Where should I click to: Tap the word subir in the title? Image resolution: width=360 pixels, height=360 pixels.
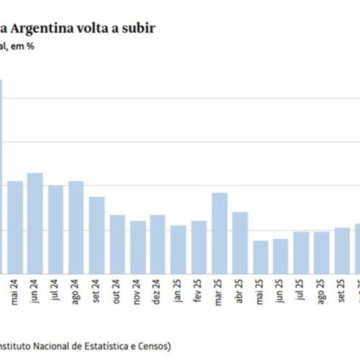tap(135, 28)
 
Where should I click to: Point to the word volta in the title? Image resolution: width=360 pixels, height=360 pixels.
tap(97, 28)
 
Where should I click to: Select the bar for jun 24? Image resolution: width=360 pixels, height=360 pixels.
tap(35, 223)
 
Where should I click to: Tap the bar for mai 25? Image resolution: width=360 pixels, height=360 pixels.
tap(261, 257)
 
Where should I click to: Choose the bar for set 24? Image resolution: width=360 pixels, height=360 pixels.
tap(96, 235)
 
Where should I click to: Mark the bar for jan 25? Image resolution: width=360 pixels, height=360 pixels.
tap(179, 249)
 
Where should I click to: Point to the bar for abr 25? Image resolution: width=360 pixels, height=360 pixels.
tap(240, 243)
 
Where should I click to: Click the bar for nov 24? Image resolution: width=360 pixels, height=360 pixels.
tap(138, 247)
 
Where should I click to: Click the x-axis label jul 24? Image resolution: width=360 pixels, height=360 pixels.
tap(55, 295)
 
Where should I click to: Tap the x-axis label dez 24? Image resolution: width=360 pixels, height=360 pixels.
tap(158, 295)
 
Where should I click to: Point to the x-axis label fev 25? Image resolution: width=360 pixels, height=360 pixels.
tap(199, 295)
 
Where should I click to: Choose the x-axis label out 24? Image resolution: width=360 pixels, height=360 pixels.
tap(117, 295)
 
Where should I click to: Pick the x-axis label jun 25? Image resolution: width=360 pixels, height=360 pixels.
tap(282, 295)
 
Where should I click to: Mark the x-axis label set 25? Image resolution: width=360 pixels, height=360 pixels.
tap(343, 295)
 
